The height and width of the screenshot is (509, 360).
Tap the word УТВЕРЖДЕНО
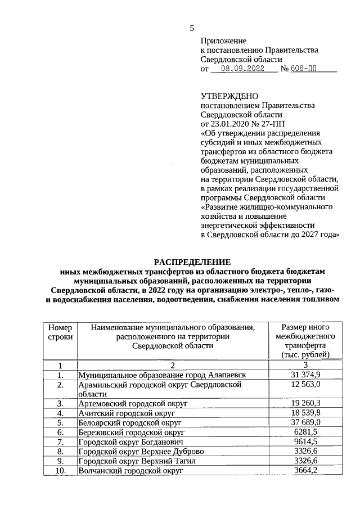229,96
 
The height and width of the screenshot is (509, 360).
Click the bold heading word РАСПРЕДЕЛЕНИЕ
193,262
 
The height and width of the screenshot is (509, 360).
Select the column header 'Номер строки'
60,332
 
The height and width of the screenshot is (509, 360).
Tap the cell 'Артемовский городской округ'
133,404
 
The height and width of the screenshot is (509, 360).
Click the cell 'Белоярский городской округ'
130,422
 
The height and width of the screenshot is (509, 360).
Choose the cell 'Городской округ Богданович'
130,442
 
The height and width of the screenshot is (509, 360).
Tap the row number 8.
60,451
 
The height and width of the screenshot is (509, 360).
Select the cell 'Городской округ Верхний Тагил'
136,461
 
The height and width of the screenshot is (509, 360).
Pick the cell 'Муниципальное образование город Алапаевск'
162,375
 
